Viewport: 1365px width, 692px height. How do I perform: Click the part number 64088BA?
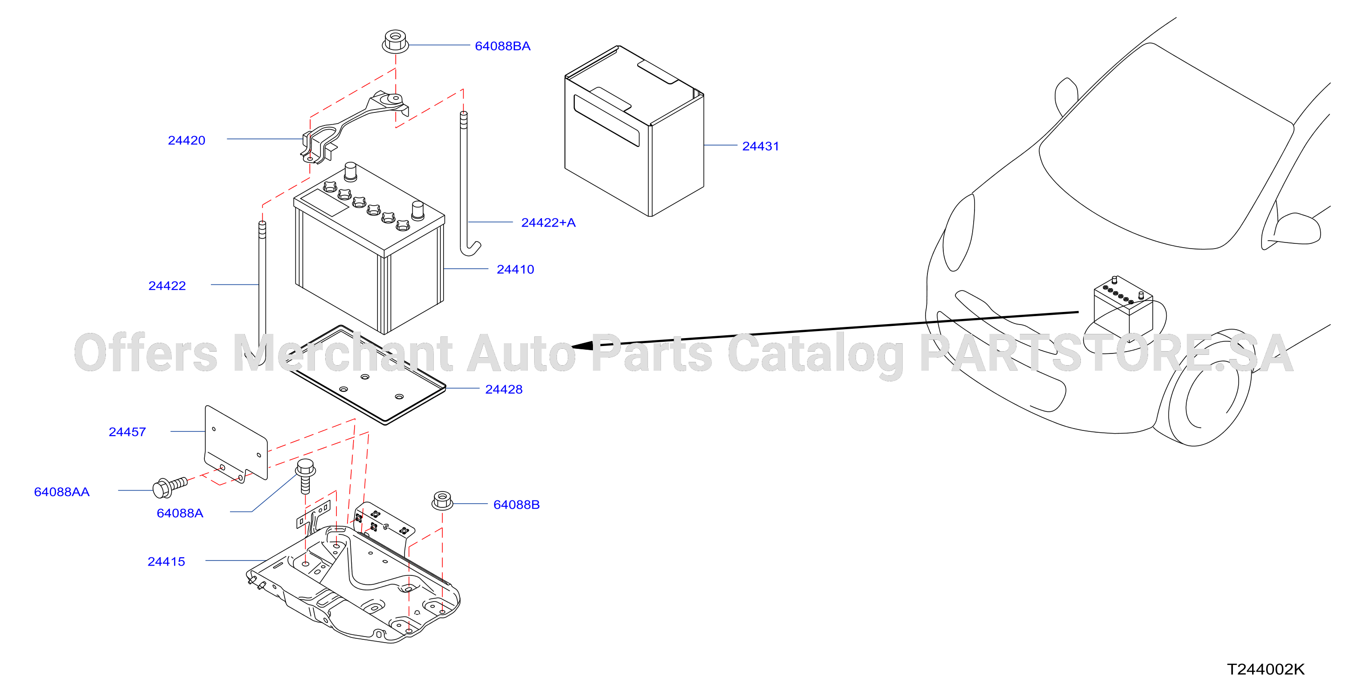pos(502,46)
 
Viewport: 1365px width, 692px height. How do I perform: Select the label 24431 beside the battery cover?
pos(760,146)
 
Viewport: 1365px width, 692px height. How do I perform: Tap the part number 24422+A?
pos(548,222)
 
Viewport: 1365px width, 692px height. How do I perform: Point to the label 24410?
pos(515,269)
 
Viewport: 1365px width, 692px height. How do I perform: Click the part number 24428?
pos(503,389)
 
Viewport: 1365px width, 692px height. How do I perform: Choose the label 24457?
pos(127,432)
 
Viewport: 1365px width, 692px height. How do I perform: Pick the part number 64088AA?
pos(62,491)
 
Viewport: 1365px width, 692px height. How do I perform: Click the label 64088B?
pos(516,505)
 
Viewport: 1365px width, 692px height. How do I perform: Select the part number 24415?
pos(167,561)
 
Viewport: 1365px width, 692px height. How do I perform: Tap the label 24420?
pos(187,140)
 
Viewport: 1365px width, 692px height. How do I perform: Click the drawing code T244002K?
pos(1265,669)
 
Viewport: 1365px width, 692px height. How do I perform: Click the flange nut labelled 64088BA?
pos(395,42)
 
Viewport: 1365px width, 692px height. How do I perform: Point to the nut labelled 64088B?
pos(442,501)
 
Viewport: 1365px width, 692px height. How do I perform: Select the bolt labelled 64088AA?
pos(169,487)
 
